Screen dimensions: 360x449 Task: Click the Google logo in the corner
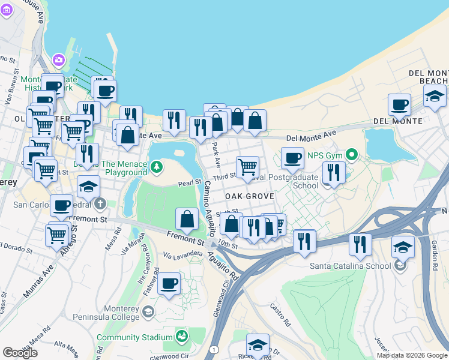click(20, 353)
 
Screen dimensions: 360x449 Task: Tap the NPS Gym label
click(324, 155)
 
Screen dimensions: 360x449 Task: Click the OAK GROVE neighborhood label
click(250, 196)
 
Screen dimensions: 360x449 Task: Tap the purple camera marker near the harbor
click(58, 59)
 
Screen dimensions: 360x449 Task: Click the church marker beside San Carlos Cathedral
click(100, 203)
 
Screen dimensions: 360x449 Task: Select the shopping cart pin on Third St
click(247, 167)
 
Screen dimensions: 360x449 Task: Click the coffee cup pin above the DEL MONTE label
click(399, 104)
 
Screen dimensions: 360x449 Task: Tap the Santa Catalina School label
click(348, 265)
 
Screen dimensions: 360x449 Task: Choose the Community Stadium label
click(135, 337)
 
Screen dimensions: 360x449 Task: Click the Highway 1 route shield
click(214, 349)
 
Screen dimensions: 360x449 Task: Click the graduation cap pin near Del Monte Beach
click(435, 95)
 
